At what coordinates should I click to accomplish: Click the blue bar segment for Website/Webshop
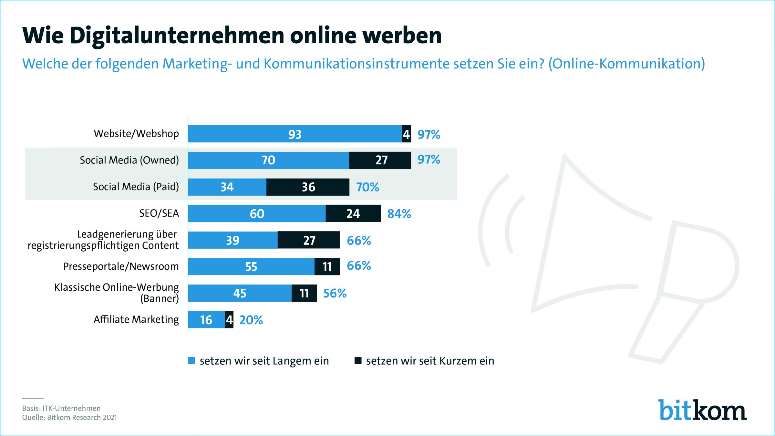[x=294, y=134]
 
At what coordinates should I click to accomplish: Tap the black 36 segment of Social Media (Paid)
[x=308, y=187]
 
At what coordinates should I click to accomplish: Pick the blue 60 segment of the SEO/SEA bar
[x=257, y=213]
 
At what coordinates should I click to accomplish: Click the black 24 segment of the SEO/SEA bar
[x=353, y=213]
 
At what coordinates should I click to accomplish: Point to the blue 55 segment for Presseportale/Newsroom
[x=251, y=266]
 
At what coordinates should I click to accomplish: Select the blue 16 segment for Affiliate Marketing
[x=206, y=320]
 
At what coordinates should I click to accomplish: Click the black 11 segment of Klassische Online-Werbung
[x=304, y=293]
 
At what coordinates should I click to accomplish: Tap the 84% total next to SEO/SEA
[x=399, y=214]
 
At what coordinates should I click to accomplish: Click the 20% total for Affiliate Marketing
[x=251, y=320]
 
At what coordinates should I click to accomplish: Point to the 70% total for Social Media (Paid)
[x=367, y=187]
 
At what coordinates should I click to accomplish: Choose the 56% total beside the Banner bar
[x=335, y=293]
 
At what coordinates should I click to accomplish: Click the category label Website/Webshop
[x=136, y=134]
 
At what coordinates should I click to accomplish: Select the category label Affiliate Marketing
[x=136, y=319]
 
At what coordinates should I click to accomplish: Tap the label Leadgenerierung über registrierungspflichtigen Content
[x=103, y=240]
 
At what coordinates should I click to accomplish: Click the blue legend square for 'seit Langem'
[x=191, y=361]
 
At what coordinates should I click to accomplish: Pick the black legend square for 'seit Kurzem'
[x=358, y=361]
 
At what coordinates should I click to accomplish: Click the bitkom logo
[x=702, y=410]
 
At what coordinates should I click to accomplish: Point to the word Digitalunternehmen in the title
[x=177, y=35]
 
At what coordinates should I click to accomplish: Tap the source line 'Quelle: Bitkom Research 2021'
[x=69, y=417]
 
